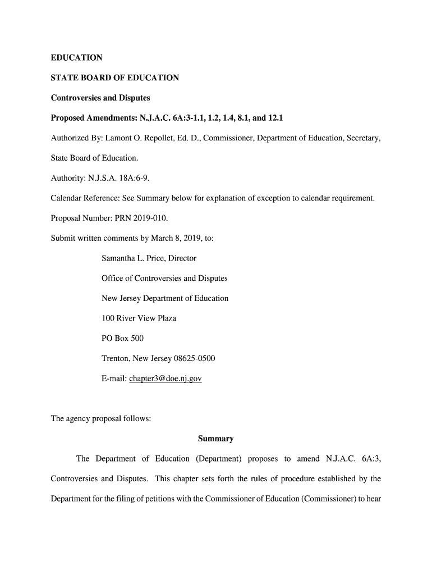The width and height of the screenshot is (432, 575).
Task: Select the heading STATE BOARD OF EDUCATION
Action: point(115,77)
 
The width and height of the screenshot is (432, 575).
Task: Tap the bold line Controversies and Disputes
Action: point(100,98)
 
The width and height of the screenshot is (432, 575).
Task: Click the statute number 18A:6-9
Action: point(132,178)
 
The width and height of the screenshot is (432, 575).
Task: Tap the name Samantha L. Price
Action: point(134,258)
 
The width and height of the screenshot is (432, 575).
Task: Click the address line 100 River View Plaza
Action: point(139,318)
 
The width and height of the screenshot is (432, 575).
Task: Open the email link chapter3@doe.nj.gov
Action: point(165,378)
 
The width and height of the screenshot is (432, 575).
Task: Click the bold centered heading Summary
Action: point(215,439)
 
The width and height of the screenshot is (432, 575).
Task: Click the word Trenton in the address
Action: point(116,358)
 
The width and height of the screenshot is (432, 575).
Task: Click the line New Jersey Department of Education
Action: point(165,298)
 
